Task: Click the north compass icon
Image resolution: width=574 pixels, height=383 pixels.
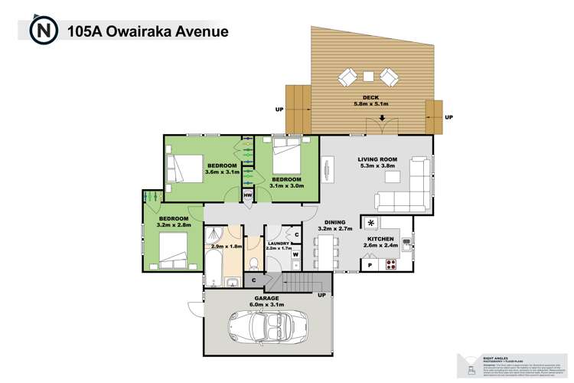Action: pos(42,32)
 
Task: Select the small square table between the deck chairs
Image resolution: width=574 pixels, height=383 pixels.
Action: pos(368,76)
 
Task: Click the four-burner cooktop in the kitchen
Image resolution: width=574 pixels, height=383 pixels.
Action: pos(390,265)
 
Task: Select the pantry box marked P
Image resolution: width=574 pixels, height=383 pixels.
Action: pos(370,265)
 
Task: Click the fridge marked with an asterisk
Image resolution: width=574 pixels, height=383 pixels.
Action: pos(372,223)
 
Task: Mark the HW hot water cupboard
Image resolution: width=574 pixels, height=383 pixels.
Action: pos(248,196)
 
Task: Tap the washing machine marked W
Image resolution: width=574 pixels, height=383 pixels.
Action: pos(296,254)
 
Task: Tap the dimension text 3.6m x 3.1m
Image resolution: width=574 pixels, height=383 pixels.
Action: pos(223,172)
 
